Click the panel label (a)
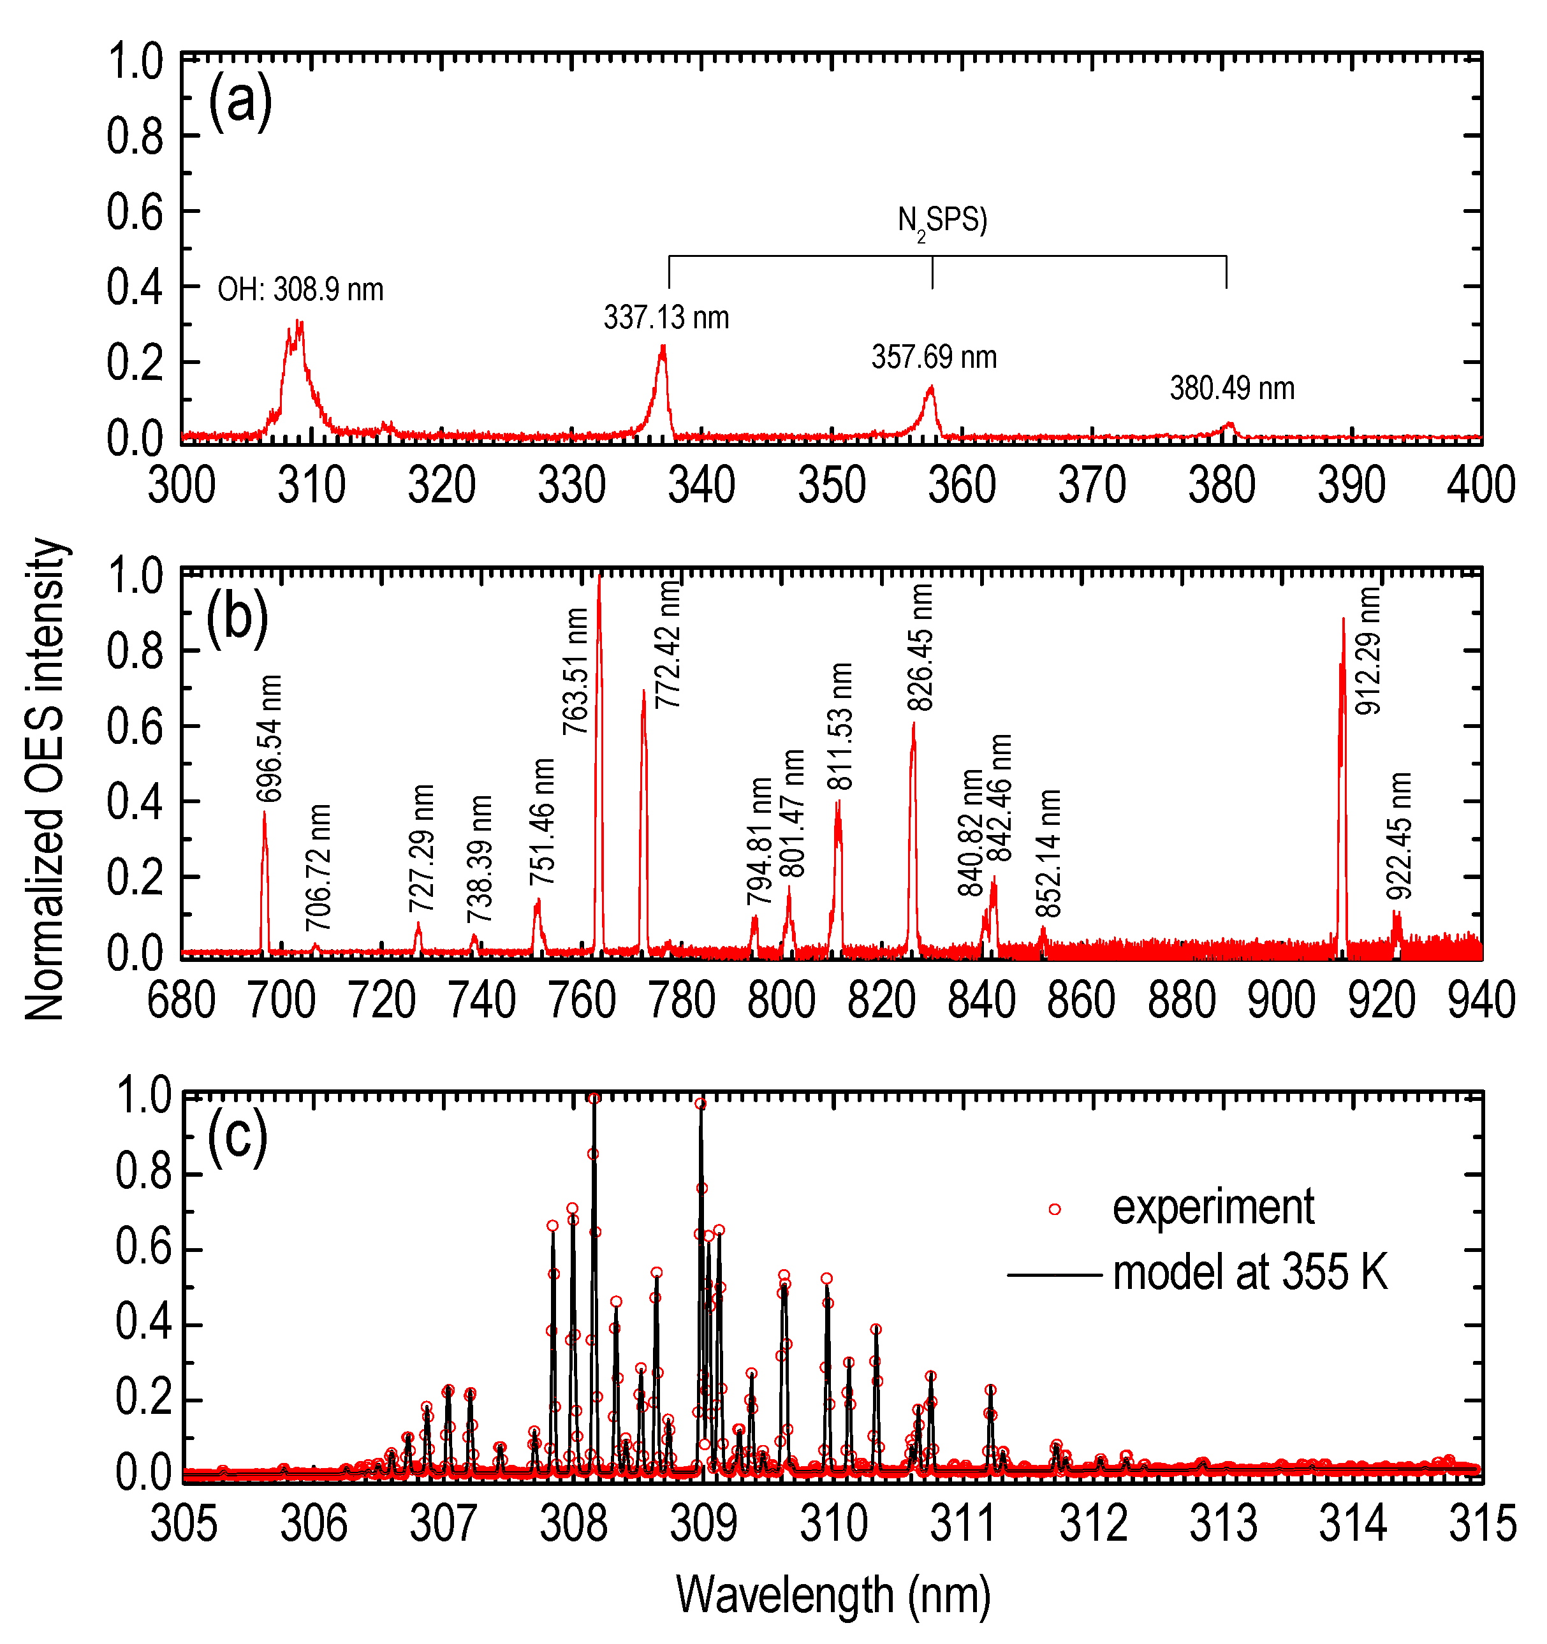[x=240, y=102]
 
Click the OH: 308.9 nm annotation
[x=300, y=290]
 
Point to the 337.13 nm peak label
[x=666, y=317]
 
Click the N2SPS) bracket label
[x=942, y=222]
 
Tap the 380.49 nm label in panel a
[x=1232, y=388]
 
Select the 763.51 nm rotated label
[x=576, y=671]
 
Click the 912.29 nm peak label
[x=1368, y=651]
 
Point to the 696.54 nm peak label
[x=270, y=738]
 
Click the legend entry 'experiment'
[x=1213, y=1208]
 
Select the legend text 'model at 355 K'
[x=1250, y=1273]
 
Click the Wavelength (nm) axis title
[x=833, y=1594]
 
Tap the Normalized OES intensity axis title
[x=45, y=779]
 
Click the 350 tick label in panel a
[x=832, y=486]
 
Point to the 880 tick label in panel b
[x=1182, y=1001]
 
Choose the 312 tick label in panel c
[x=1093, y=1524]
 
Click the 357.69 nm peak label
[x=934, y=357]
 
